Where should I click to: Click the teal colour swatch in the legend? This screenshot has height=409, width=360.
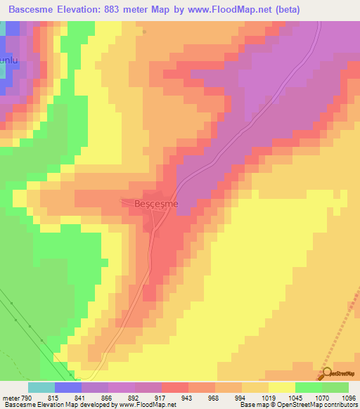tap(41, 387)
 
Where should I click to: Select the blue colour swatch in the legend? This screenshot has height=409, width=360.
tap(68, 387)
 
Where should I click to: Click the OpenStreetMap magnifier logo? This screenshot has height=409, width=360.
tap(327, 373)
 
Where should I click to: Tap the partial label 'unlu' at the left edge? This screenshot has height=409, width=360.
tap(8, 61)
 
